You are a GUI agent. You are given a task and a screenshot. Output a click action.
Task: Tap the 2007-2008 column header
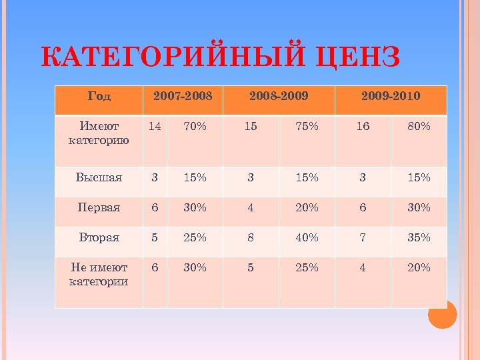coord(183,96)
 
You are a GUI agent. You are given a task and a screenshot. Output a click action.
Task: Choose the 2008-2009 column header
coord(279,96)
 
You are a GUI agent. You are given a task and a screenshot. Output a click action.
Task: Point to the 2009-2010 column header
coord(391,96)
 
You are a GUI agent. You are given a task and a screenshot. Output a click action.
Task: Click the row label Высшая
coord(99,177)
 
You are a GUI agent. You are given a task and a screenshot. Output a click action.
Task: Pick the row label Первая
coord(99,207)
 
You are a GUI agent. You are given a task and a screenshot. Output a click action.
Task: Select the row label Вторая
coord(99,237)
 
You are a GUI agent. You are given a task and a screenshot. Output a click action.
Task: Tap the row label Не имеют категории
coord(99,274)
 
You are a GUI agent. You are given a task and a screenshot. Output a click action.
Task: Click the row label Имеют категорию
coord(99,133)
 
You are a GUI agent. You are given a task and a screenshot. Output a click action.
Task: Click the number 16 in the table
coord(363,126)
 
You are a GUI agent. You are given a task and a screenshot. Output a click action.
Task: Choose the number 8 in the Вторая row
coord(251,237)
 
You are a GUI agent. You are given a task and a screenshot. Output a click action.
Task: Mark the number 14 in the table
coord(155,126)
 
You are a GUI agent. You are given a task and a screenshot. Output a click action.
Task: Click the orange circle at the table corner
coord(442,314)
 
